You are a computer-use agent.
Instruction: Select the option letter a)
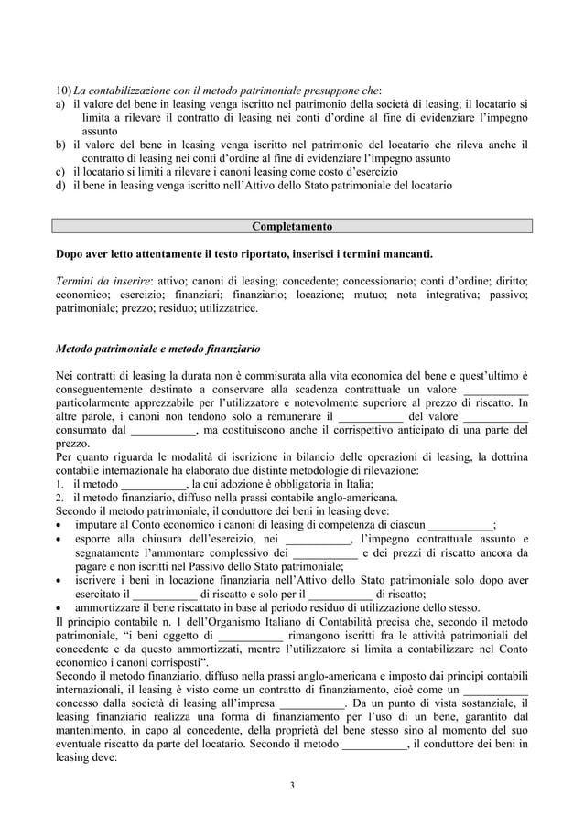pyautogui.click(x=60, y=103)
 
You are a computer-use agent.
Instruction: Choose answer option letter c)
pyautogui.click(x=60, y=171)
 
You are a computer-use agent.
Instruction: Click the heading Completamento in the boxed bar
pyautogui.click(x=292, y=226)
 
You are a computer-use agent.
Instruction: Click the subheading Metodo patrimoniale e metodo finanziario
pyautogui.click(x=157, y=349)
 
